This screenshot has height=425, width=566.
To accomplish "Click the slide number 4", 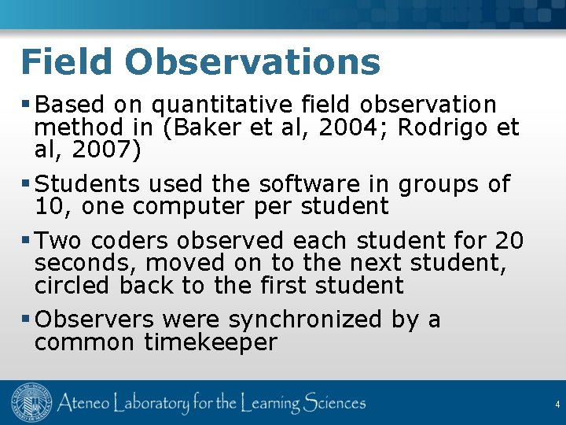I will click(x=557, y=405).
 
